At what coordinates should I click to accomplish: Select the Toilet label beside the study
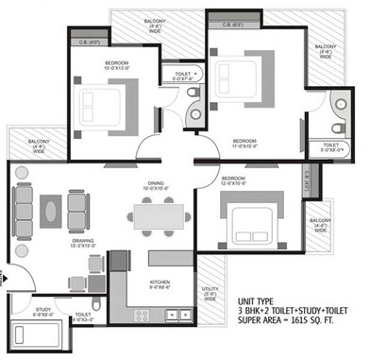[x=82, y=313]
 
